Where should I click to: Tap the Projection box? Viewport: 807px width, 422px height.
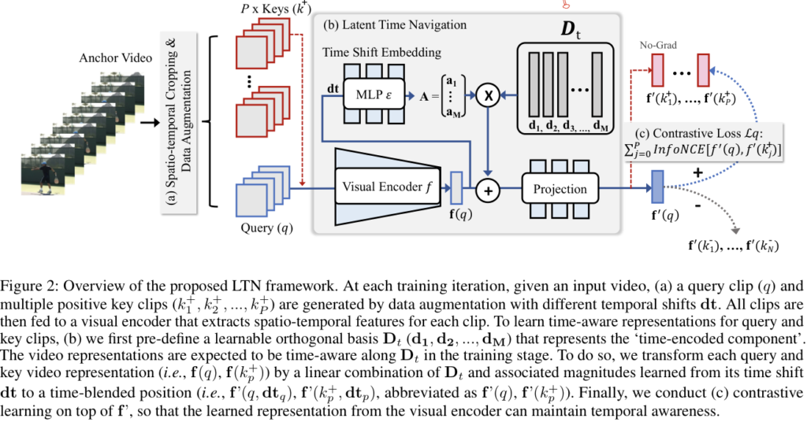coord(560,189)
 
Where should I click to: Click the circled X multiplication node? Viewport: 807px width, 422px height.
coord(487,95)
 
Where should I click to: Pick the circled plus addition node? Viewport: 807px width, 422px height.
coord(487,189)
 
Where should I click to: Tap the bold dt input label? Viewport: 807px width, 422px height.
coord(331,89)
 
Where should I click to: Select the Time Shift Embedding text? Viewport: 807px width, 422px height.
coord(381,52)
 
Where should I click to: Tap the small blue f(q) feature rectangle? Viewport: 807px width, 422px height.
coord(456,188)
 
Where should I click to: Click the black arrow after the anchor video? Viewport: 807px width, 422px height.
coord(146,123)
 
